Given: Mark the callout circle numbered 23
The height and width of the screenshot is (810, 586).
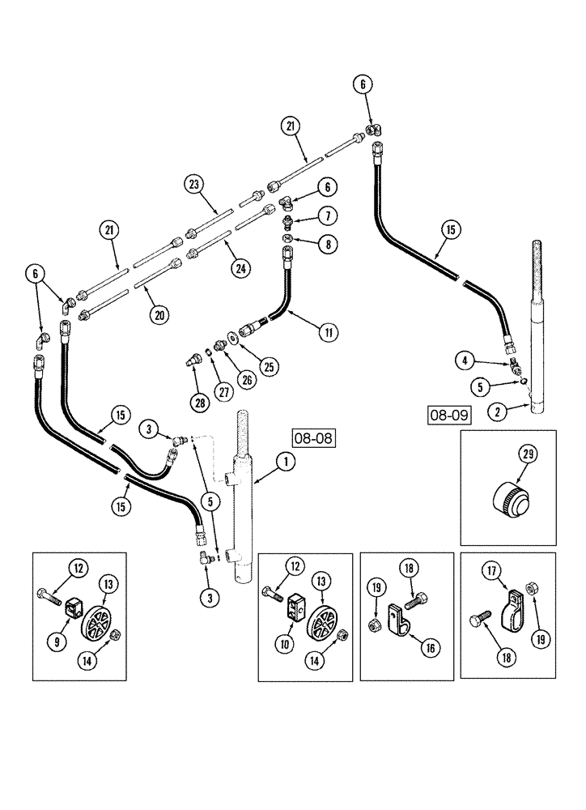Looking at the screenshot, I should pyautogui.click(x=194, y=185).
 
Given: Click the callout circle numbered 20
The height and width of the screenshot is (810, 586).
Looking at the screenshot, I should pyautogui.click(x=162, y=312).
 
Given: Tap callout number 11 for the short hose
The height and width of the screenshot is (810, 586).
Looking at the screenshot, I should pyautogui.click(x=329, y=330).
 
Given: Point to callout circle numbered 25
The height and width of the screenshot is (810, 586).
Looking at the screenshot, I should pyautogui.click(x=269, y=365).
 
